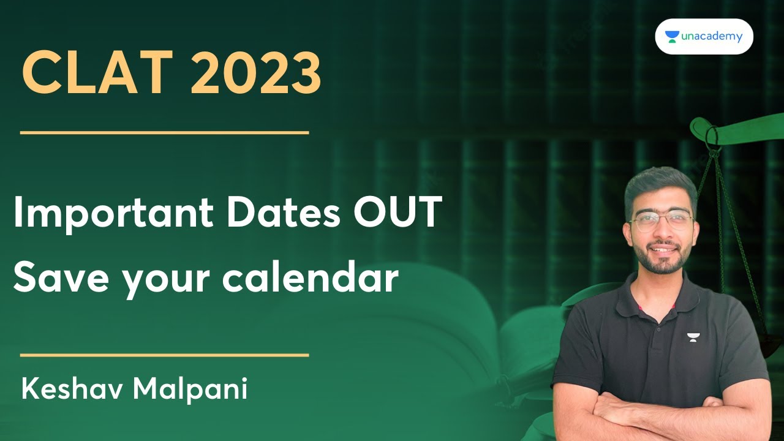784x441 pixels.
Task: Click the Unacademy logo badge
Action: point(704,37)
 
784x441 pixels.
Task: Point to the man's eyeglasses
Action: point(661,222)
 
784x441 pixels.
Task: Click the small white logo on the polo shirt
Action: point(693,337)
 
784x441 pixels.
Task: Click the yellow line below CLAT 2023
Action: point(164,132)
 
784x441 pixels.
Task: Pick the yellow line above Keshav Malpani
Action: point(164,355)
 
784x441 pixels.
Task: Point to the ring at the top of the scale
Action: point(712,137)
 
